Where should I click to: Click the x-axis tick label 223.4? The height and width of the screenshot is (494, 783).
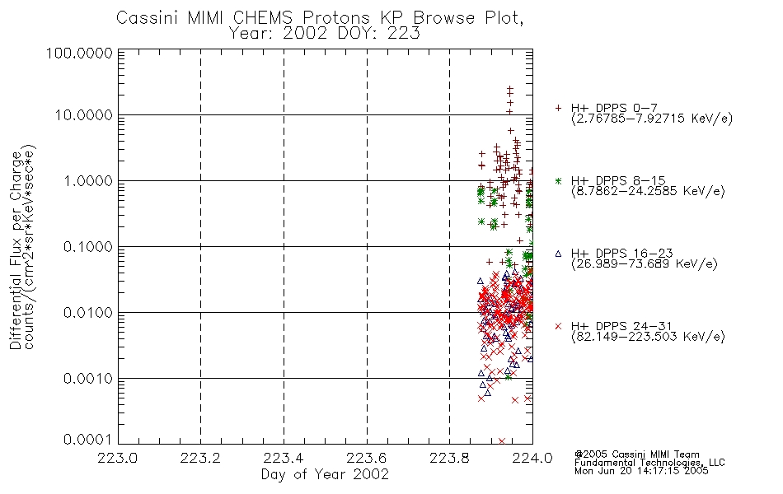pos(284,458)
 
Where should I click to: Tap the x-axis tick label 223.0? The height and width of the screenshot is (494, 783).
pos(117,458)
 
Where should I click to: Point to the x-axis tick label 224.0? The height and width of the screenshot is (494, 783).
pos(532,458)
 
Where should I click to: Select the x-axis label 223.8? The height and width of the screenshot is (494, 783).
pos(449,458)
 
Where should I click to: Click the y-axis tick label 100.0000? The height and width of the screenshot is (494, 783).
pos(79,53)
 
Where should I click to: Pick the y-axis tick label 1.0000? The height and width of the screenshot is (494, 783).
pos(88,180)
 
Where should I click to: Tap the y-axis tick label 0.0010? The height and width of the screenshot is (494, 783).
pos(88,379)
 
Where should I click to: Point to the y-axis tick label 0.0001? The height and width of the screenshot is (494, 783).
pos(88,440)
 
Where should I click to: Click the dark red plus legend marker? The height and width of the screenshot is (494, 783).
pos(558,108)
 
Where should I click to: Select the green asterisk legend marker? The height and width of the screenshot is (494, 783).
pos(558,181)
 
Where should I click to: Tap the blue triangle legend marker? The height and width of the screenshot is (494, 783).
pos(558,254)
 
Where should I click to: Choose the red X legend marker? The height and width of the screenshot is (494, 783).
pos(558,326)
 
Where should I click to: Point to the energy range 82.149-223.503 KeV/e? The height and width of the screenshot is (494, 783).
pos(648,337)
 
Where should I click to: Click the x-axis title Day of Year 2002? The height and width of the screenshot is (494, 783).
pos(325,474)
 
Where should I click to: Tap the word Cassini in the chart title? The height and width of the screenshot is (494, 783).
pos(148,18)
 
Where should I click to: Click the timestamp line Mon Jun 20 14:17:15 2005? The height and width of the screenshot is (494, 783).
pos(641,471)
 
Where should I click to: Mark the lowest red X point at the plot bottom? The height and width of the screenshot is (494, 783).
pos(502,441)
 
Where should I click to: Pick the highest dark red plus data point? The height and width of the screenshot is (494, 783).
pos(510,88)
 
